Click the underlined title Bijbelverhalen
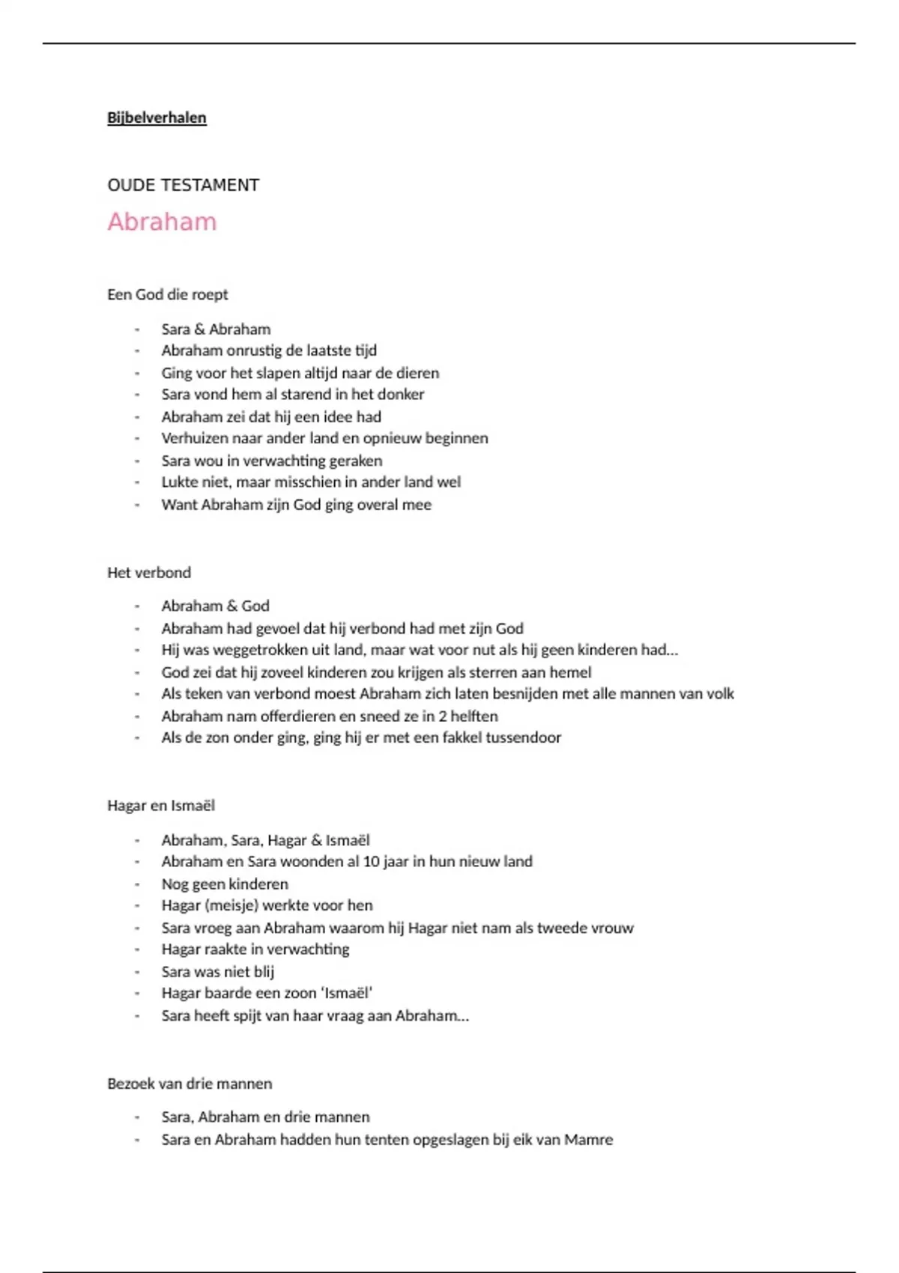(x=157, y=118)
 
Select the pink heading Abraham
(x=162, y=222)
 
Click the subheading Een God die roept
(x=167, y=294)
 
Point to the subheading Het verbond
(x=149, y=572)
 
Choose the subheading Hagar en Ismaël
(x=161, y=805)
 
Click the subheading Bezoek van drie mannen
(x=190, y=1083)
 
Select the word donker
(x=403, y=394)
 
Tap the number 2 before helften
(x=443, y=716)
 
